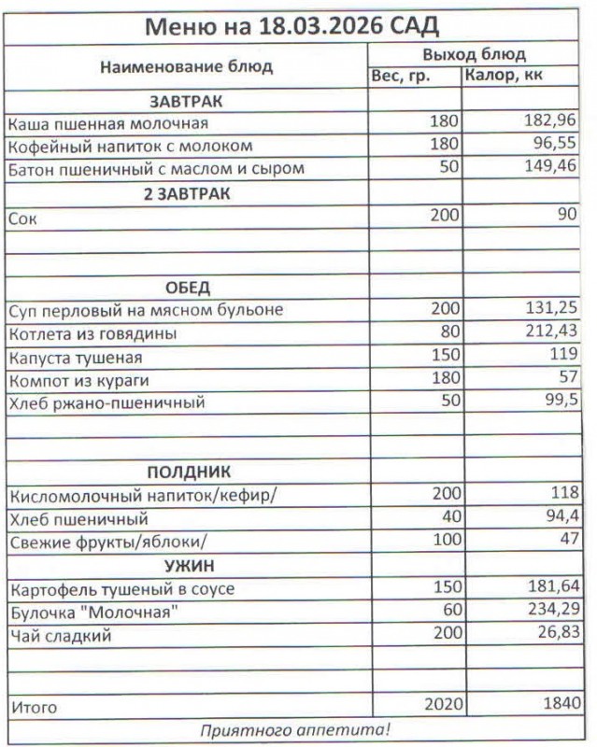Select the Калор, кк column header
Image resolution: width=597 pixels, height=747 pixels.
click(x=505, y=76)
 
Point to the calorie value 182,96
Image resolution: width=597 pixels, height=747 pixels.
click(x=551, y=121)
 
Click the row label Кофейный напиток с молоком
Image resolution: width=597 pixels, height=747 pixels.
click(x=130, y=146)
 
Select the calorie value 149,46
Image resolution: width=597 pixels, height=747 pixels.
click(x=551, y=169)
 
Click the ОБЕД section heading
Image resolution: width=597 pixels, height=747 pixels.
click(x=187, y=287)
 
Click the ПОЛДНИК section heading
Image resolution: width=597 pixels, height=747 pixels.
click(x=188, y=472)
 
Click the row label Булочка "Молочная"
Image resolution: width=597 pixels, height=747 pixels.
click(x=92, y=612)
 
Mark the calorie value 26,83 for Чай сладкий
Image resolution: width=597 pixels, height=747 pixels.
click(x=555, y=635)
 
